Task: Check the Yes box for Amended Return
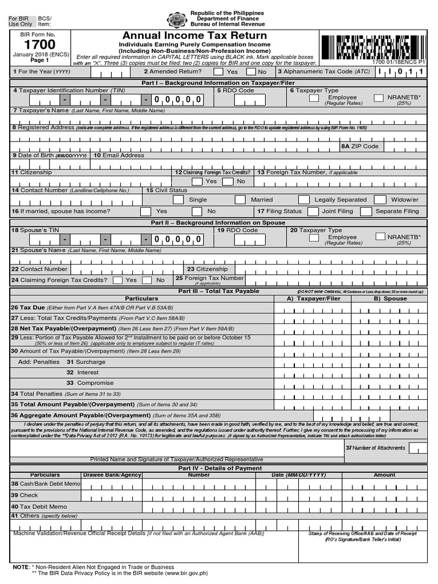(x=216, y=72)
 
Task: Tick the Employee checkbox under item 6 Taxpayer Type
(x=314, y=98)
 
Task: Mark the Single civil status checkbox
(x=178, y=200)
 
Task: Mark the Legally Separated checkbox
(x=304, y=200)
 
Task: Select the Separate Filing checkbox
(x=365, y=211)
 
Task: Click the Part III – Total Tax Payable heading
(x=218, y=291)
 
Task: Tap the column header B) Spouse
(x=390, y=298)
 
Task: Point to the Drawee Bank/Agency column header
(x=112, y=474)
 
